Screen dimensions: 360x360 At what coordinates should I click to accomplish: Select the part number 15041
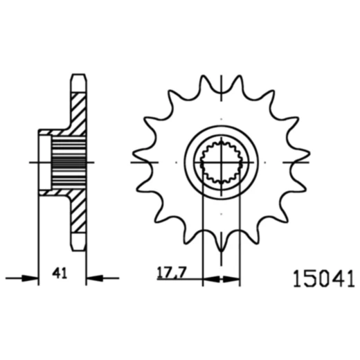(x=320, y=279)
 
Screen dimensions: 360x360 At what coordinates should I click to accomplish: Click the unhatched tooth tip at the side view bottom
(x=79, y=243)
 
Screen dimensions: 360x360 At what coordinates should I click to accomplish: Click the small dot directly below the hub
(x=220, y=214)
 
